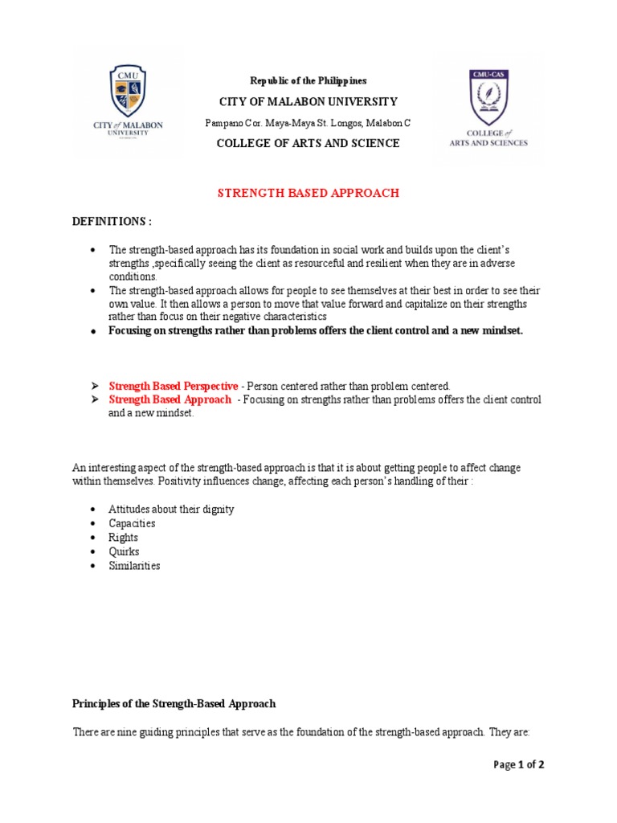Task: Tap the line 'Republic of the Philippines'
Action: click(308, 80)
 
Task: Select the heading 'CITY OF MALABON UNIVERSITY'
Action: click(308, 101)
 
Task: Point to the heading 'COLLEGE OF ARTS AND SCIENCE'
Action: click(308, 143)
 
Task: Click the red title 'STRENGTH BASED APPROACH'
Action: click(309, 193)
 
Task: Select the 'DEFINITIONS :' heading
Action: click(112, 221)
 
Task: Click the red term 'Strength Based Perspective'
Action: click(174, 386)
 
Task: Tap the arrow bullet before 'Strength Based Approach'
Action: click(94, 399)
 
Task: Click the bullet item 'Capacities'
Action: click(133, 523)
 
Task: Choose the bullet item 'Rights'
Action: click(124, 538)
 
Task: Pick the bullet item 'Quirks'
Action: click(125, 551)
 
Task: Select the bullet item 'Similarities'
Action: click(135, 566)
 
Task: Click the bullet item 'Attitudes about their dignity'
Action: click(171, 510)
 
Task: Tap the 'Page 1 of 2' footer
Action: click(518, 764)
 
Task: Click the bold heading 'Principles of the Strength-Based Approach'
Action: click(174, 703)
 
